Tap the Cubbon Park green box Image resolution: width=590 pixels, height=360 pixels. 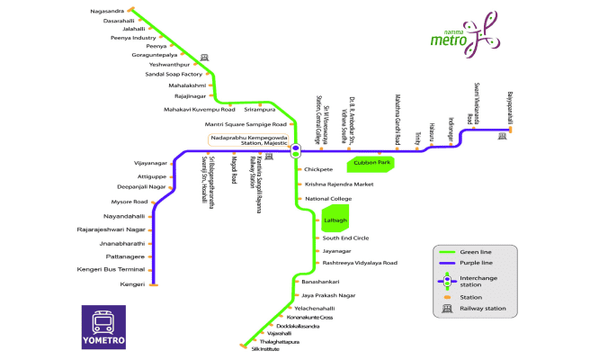pyautogui.click(x=371, y=163)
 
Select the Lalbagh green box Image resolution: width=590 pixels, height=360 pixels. pyautogui.click(x=334, y=220)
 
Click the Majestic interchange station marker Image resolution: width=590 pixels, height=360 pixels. pyautogui.click(x=295, y=150)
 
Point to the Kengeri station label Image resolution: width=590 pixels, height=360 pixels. pyautogui.click(x=132, y=284)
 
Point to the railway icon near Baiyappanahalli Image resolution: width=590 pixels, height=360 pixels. pyautogui.click(x=503, y=136)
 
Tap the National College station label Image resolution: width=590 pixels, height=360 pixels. pyautogui.click(x=328, y=198)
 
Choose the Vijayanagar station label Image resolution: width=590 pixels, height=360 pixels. pyautogui.click(x=150, y=163)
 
